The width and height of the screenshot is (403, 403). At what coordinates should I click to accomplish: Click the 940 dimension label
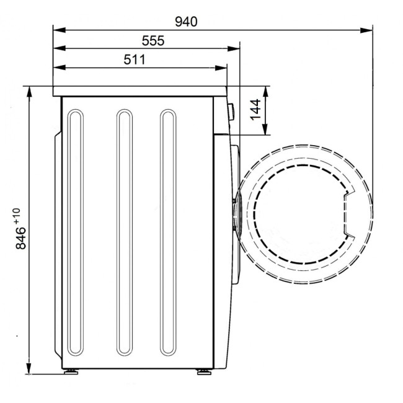tap(186, 22)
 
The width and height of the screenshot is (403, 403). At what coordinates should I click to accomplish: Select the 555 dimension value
tap(153, 41)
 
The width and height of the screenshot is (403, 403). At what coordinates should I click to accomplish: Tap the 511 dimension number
tap(135, 60)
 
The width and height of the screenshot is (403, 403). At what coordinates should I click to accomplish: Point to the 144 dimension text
tap(255, 110)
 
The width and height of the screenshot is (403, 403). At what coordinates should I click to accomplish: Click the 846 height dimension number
tap(21, 238)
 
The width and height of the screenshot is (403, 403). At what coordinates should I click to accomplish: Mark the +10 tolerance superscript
tap(16, 216)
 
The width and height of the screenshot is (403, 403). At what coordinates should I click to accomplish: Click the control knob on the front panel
tap(231, 112)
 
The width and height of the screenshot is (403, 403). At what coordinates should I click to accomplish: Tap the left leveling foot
tap(71, 371)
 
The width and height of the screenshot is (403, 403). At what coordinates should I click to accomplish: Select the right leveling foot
tap(205, 371)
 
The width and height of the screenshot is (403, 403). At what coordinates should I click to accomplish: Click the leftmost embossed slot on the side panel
tap(75, 271)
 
